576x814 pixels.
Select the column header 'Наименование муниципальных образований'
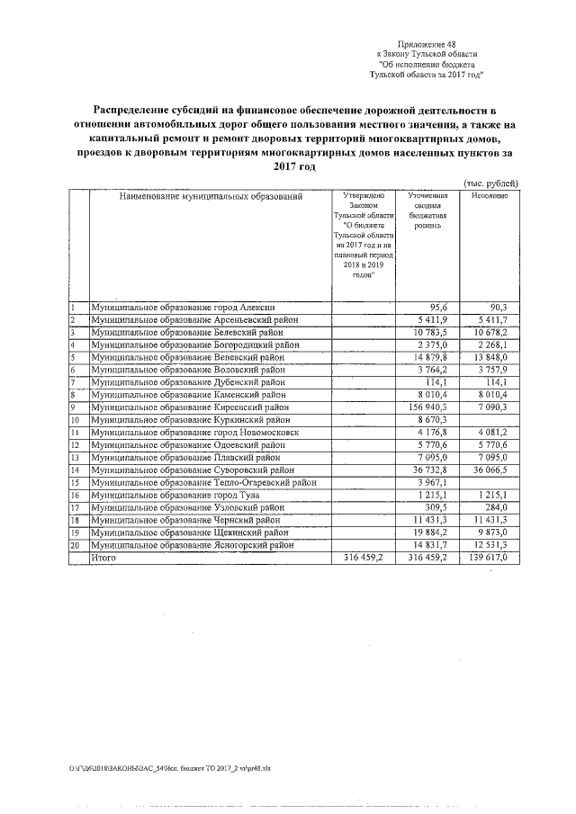pos(210,196)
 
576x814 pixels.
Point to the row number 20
pos(76,545)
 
